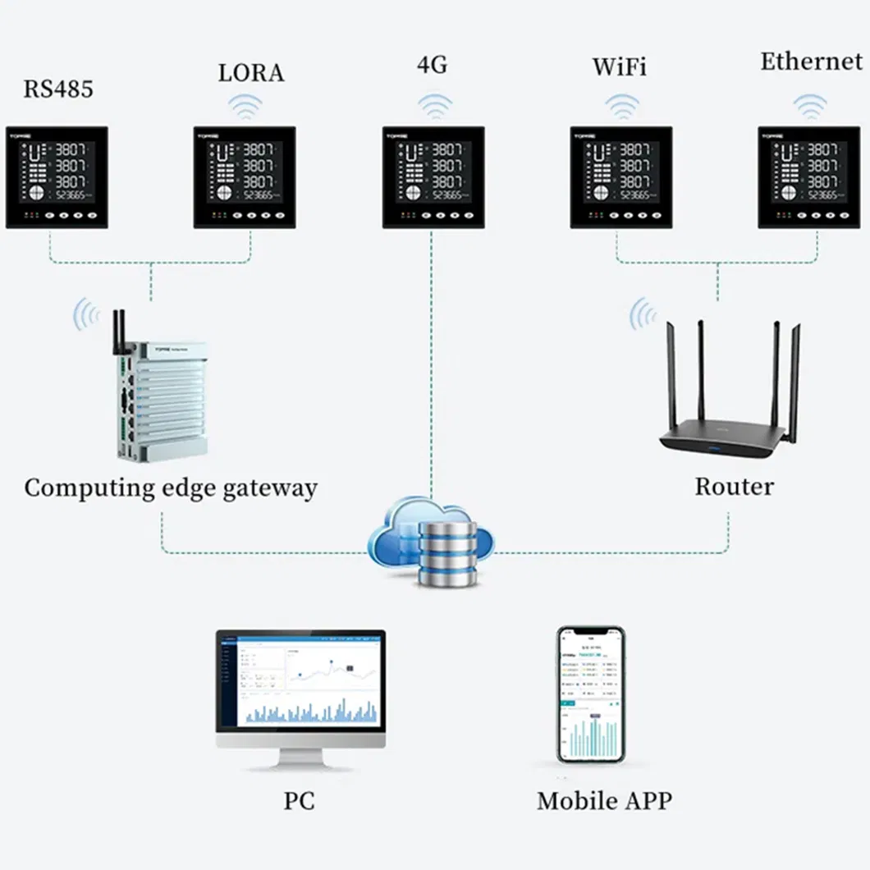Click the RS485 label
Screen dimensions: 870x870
[57, 89]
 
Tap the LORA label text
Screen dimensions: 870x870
[251, 72]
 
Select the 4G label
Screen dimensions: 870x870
[433, 65]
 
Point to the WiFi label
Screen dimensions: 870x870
[620, 66]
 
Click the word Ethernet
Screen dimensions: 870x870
[811, 62]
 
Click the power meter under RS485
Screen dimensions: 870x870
[57, 176]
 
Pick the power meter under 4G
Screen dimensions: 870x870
[433, 176]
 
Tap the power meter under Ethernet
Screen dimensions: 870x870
[809, 176]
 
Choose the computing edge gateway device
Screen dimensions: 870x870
[160, 398]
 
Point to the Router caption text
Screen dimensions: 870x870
[734, 486]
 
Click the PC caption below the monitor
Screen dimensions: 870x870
[299, 801]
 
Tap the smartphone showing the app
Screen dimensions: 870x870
[591, 694]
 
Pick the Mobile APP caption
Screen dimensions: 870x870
[604, 801]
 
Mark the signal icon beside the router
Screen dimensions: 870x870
[643, 314]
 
